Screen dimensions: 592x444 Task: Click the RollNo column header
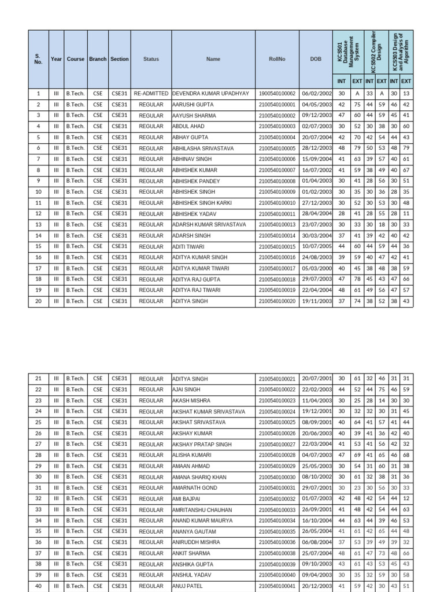(277, 59)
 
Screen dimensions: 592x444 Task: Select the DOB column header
(316, 59)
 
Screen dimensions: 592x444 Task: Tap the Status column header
(151, 59)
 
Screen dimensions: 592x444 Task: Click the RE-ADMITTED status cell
(151, 94)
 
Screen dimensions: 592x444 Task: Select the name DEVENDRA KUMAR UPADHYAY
(210, 94)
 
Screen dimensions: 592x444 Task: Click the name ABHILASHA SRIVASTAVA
(203, 149)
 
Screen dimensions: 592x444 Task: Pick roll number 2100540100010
(277, 203)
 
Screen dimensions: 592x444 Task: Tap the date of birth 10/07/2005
(316, 247)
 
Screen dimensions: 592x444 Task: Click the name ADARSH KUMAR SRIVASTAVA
(209, 225)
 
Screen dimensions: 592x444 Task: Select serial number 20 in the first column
(38, 301)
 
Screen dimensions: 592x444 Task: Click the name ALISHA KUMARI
(193, 456)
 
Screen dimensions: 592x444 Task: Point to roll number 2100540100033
(277, 510)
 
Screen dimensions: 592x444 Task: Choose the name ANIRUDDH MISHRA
(196, 542)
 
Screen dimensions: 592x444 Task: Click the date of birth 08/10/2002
(316, 477)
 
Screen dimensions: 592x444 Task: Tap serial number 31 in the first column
(38, 488)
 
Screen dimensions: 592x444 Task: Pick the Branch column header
(98, 59)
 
